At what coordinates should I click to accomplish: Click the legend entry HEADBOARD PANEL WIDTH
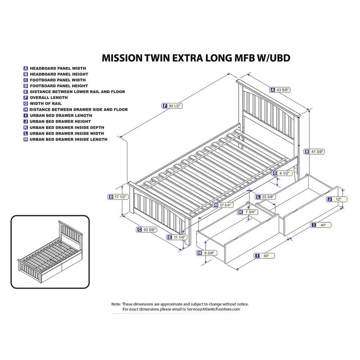(x=58, y=68)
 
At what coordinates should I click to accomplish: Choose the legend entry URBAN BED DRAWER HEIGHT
(x=60, y=121)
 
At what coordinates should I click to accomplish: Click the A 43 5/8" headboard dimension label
(x=281, y=90)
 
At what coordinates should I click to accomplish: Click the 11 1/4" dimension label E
(x=176, y=237)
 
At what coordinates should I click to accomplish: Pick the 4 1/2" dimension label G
(x=282, y=173)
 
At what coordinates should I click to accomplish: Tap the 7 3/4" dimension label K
(x=247, y=212)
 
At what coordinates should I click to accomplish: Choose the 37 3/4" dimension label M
(x=224, y=205)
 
